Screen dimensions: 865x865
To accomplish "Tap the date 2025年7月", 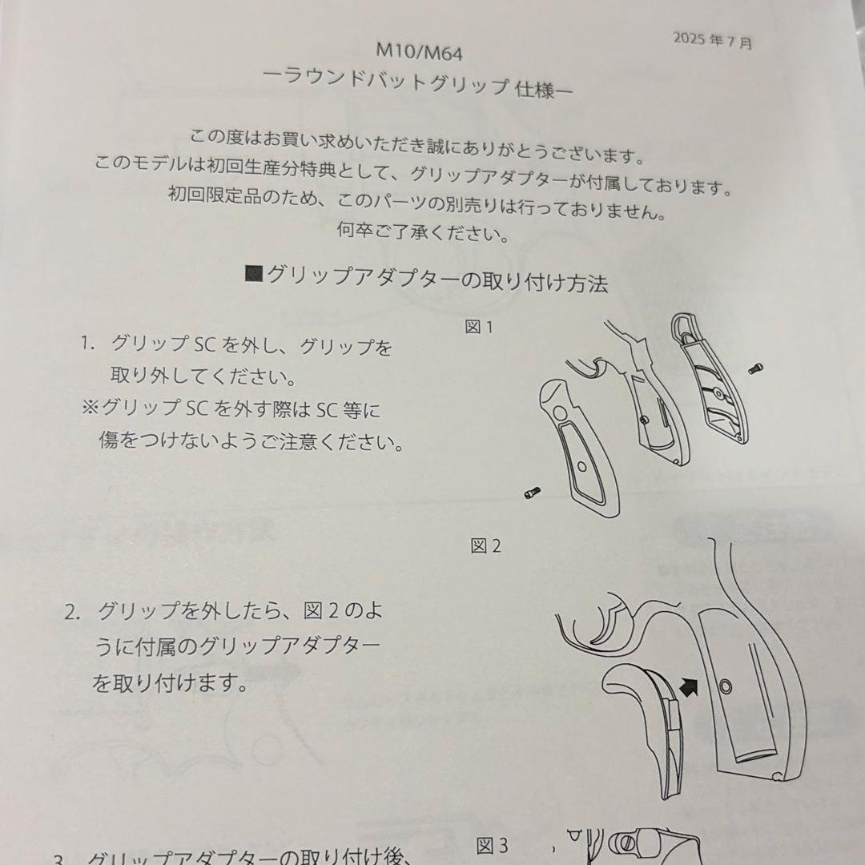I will [712, 39].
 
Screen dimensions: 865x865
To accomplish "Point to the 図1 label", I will [478, 328].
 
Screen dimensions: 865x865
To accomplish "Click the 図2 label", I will [485, 546].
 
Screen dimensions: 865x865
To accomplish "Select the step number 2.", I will [73, 614].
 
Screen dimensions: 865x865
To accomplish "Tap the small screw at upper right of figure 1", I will [755, 368].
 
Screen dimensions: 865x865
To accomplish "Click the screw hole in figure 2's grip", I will [726, 686].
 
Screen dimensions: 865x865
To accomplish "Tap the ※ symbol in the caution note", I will [89, 408].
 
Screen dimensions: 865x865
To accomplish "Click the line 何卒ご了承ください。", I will [422, 235].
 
